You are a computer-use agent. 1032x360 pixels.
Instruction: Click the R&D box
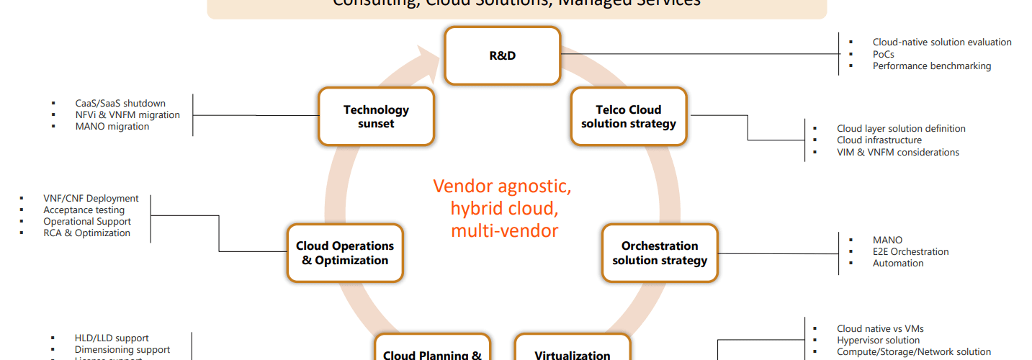pos(502,55)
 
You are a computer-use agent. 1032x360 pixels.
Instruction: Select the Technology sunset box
pos(376,117)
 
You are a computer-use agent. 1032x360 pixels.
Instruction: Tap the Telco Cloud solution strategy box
pos(629,117)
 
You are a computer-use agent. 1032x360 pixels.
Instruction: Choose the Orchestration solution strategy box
pos(660,253)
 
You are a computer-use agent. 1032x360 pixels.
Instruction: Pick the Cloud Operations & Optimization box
pos(345,253)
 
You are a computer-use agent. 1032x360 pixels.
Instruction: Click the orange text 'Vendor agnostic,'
pos(502,186)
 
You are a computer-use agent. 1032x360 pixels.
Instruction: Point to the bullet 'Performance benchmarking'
pos(931,66)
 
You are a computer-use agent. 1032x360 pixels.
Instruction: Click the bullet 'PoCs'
pos(883,54)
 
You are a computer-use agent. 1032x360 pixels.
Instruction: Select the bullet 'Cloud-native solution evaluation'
pos(941,42)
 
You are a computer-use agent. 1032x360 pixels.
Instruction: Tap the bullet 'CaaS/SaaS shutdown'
pos(120,103)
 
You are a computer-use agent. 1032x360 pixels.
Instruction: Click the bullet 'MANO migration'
pos(112,127)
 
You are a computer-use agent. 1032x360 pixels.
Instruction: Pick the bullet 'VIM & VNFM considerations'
pos(897,152)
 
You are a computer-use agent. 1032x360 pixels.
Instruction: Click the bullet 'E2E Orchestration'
pos(910,251)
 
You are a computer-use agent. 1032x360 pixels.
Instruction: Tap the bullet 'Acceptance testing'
pos(84,210)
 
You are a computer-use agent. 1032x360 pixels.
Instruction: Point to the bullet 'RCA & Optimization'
pos(86,233)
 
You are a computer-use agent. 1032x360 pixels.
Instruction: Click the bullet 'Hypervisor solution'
pos(878,340)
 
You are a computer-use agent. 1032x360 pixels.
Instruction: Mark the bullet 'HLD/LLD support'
pos(112,338)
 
